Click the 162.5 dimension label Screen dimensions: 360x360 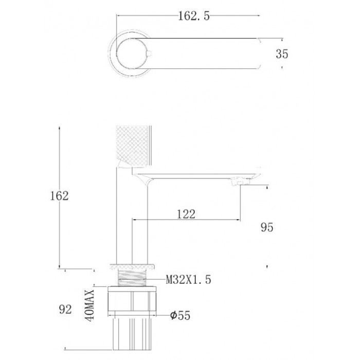coord(194,16)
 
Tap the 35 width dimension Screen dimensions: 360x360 coord(282,54)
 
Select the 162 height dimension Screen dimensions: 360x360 coord(59,196)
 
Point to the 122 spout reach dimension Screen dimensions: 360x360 coord(186,214)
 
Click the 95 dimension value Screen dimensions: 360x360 coord(267,227)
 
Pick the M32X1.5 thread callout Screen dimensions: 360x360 coord(189,280)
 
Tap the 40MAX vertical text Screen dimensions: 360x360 coord(89,305)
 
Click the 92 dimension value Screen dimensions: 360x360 coord(65,310)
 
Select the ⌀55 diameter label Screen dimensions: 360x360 coord(180,315)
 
